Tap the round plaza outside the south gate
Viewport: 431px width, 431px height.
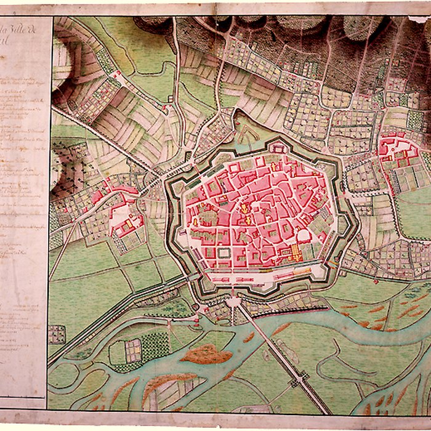(x=233, y=302)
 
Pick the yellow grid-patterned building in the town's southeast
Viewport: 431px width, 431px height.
(x=294, y=251)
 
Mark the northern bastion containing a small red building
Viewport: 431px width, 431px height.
(x=278, y=147)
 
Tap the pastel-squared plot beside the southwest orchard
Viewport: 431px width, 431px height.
(x=132, y=350)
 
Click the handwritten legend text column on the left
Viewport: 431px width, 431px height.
(x=25, y=185)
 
